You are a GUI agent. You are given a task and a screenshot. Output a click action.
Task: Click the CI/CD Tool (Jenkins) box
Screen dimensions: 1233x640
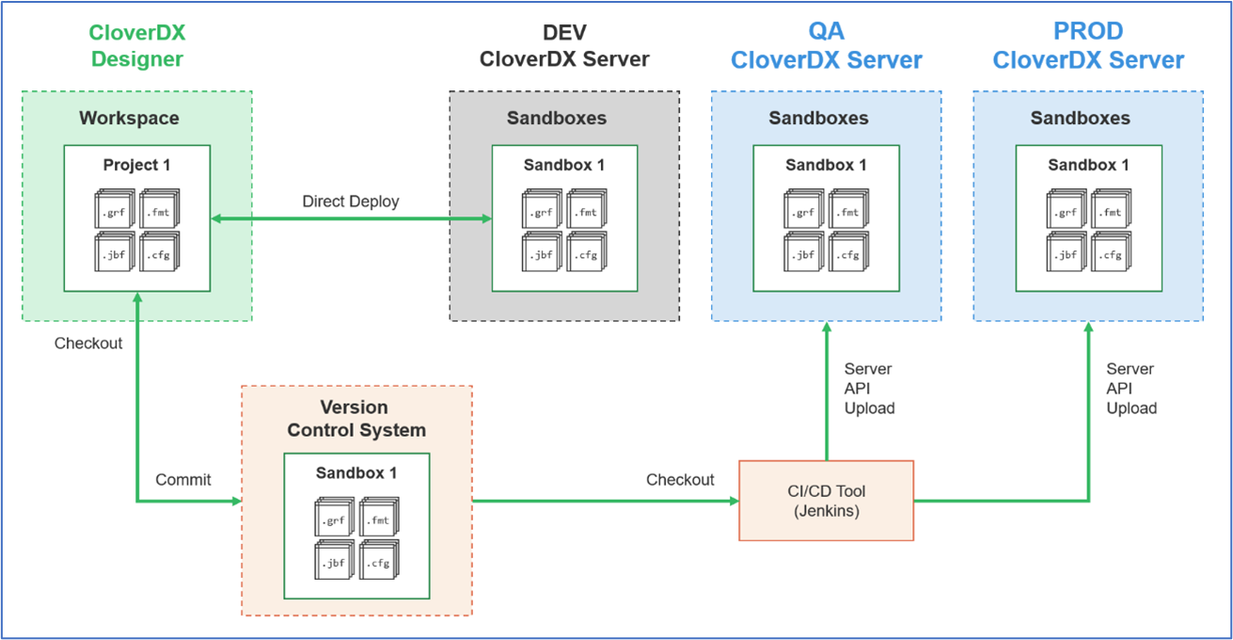[826, 501]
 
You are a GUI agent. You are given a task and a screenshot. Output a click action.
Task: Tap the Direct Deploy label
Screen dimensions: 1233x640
[351, 201]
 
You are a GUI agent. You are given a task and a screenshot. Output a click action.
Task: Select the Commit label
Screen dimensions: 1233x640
[182, 480]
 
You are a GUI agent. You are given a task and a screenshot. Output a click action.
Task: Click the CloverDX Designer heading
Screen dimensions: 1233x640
[137, 46]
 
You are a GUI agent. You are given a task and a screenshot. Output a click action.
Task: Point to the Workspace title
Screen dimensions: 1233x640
[129, 118]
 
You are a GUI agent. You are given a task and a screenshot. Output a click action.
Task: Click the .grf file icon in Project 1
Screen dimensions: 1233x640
[115, 209]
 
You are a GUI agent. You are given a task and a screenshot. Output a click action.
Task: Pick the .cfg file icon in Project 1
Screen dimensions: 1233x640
[160, 251]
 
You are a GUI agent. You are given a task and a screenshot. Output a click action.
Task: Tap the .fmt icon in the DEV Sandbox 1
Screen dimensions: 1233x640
[587, 209]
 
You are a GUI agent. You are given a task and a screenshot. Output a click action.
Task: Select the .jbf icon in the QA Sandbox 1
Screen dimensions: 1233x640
[804, 251]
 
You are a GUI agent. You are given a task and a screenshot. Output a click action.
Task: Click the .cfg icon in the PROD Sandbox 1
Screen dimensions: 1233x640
[1112, 251]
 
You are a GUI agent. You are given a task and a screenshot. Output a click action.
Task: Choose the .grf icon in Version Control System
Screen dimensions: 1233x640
[335, 517]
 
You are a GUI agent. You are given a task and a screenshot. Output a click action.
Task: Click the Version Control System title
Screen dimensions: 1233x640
[356, 419]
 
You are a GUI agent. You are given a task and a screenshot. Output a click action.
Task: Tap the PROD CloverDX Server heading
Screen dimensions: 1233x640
[1088, 46]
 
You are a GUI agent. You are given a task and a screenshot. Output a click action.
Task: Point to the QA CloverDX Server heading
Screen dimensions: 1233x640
[826, 46]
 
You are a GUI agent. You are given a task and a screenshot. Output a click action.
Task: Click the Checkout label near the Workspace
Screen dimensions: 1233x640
[88, 344]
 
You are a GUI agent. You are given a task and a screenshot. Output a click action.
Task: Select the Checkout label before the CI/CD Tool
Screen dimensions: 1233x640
[680, 480]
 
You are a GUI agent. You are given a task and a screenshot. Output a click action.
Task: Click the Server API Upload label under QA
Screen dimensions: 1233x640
[870, 389]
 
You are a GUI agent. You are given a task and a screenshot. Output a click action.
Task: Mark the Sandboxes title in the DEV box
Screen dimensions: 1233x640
[557, 118]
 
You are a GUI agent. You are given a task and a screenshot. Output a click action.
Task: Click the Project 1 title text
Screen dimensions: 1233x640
[136, 165]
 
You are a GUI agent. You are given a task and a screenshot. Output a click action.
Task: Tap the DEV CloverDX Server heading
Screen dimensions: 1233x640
[564, 46]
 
